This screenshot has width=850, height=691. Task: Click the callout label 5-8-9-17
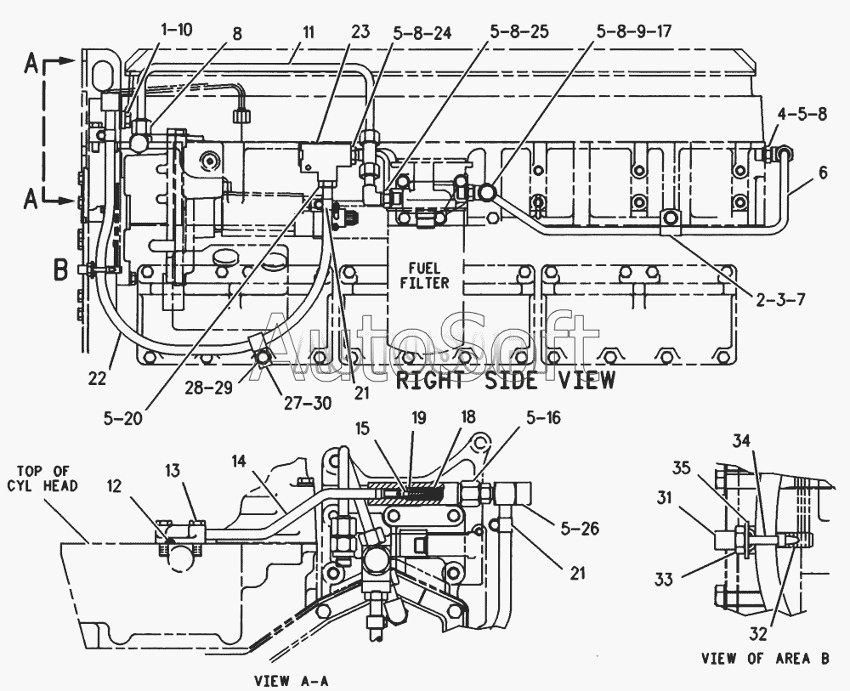tap(634, 31)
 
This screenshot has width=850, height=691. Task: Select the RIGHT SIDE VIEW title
tap(506, 381)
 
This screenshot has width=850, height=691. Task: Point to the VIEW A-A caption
tap(291, 681)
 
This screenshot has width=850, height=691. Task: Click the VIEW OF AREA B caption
tap(765, 659)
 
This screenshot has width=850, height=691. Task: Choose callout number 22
tap(97, 379)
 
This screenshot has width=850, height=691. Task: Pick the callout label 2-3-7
tap(780, 298)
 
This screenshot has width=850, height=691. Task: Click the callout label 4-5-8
tap(802, 115)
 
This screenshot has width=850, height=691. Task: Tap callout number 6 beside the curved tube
tap(823, 173)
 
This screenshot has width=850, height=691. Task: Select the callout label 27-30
tap(308, 403)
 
